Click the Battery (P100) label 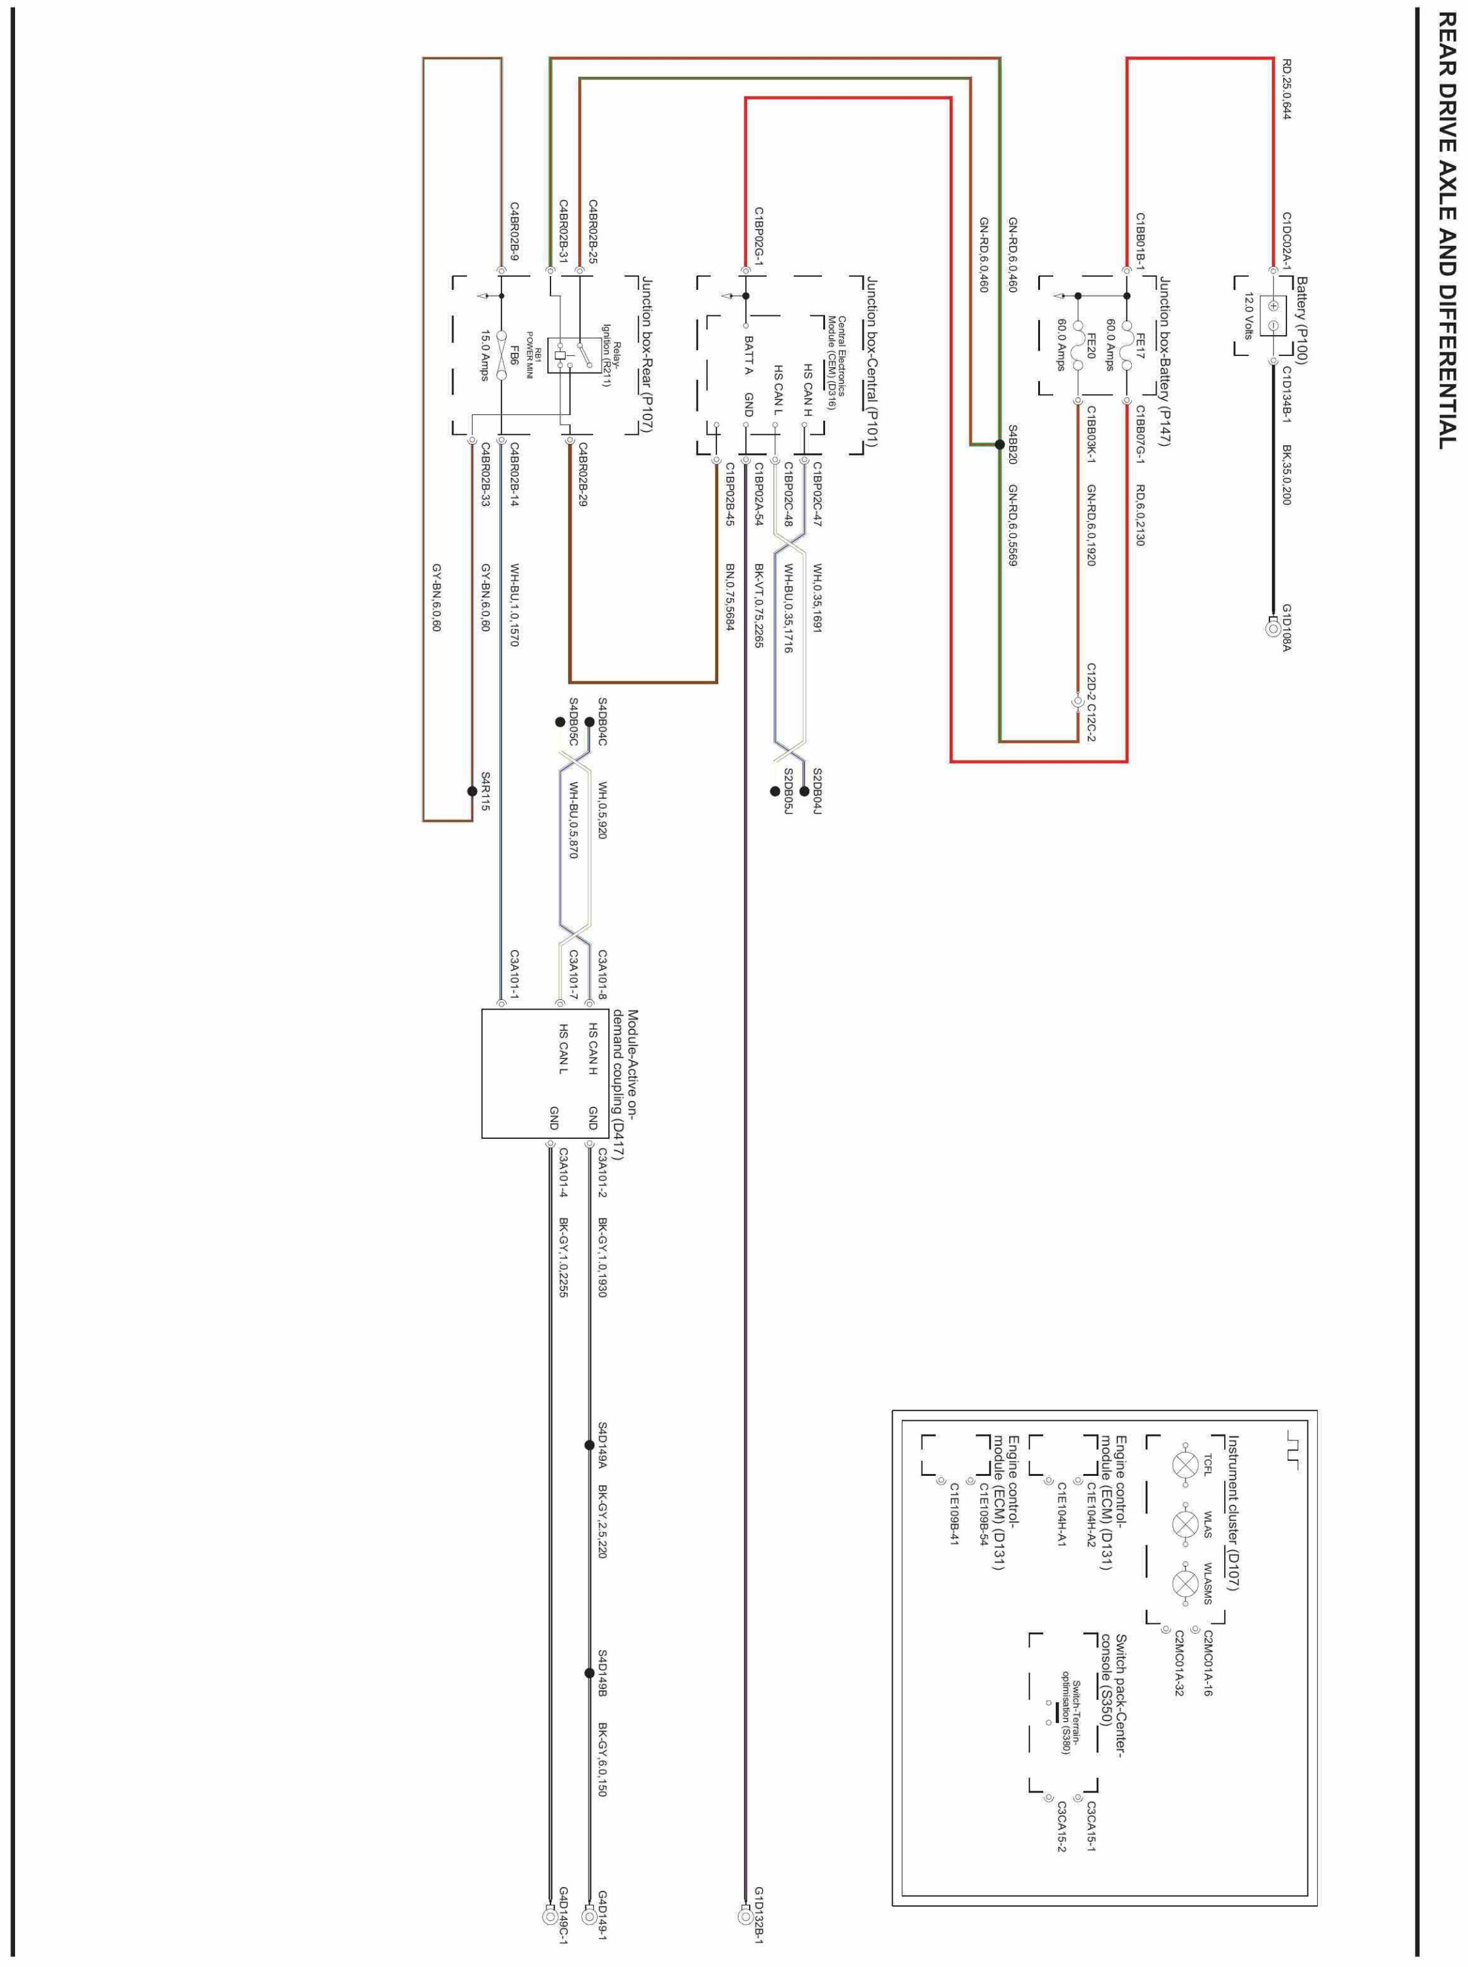(x=1302, y=321)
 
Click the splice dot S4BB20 (x=999, y=445)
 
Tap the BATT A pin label (x=748, y=355)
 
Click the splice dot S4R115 (x=472, y=790)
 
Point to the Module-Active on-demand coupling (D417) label (x=626, y=1084)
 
